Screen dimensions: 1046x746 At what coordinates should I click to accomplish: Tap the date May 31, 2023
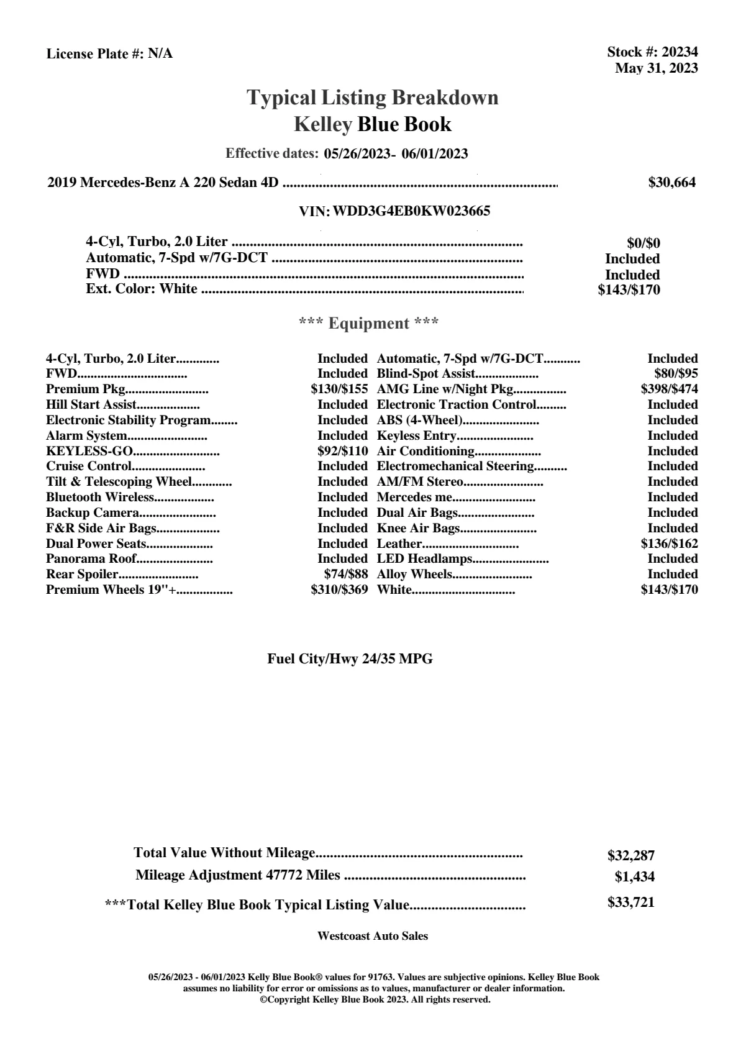656,68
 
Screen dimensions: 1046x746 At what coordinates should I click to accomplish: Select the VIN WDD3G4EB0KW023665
411,211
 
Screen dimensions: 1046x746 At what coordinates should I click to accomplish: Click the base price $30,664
671,182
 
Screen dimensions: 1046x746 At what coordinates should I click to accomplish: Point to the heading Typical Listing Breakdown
373,98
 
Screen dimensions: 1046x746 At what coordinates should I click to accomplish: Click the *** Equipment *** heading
368,323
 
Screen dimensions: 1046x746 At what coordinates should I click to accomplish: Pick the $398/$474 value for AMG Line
669,389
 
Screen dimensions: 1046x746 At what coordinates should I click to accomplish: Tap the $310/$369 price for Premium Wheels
339,589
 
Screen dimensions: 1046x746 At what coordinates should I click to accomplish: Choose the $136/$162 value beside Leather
669,543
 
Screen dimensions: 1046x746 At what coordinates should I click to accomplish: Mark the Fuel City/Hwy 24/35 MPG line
350,659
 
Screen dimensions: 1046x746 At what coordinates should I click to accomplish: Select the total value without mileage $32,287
630,855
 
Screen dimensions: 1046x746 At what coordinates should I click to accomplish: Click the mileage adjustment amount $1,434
634,877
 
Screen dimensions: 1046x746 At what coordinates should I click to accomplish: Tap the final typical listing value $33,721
630,903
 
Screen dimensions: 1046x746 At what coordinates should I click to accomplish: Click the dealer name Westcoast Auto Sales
372,935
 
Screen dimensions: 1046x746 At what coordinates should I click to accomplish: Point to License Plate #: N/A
109,54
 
